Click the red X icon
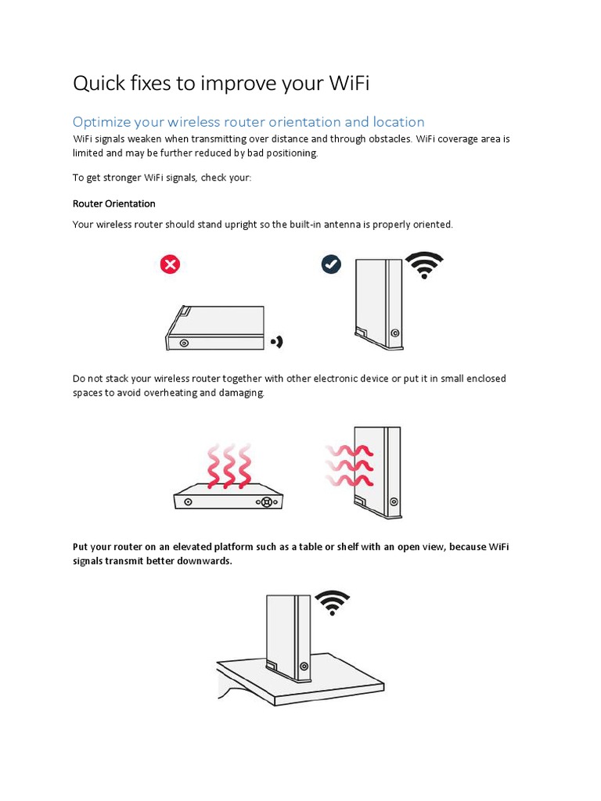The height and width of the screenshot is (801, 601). [x=170, y=264]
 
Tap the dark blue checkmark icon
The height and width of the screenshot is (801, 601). [x=331, y=264]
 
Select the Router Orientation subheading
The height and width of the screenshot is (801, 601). [x=114, y=203]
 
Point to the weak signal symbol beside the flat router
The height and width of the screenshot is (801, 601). [x=276, y=342]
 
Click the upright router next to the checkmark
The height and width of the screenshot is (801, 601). [x=379, y=304]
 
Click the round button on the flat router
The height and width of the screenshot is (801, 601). [x=184, y=343]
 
